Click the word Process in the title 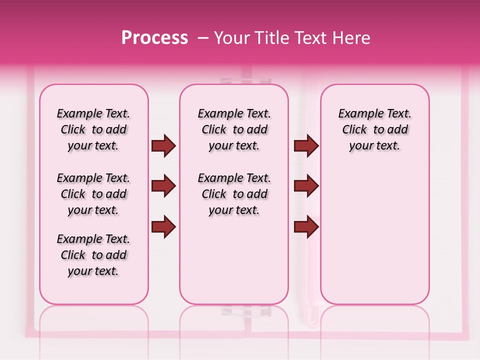pyautogui.click(x=154, y=37)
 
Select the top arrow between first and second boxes pyautogui.click(x=163, y=146)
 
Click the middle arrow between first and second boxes pyautogui.click(x=163, y=186)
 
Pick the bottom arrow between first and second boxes pyautogui.click(x=163, y=226)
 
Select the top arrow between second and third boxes pyautogui.click(x=306, y=146)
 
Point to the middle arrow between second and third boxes pyautogui.click(x=306, y=186)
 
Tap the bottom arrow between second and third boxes pyautogui.click(x=306, y=226)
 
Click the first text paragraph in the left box pyautogui.click(x=93, y=129)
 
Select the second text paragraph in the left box pyautogui.click(x=93, y=194)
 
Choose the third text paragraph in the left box pyautogui.click(x=93, y=255)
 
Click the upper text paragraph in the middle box pyautogui.click(x=234, y=129)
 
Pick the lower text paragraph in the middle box pyautogui.click(x=234, y=194)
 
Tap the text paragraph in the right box pyautogui.click(x=375, y=129)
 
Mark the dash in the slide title pyautogui.click(x=202, y=38)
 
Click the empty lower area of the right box pyautogui.click(x=375, y=235)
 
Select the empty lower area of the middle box pyautogui.click(x=234, y=260)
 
